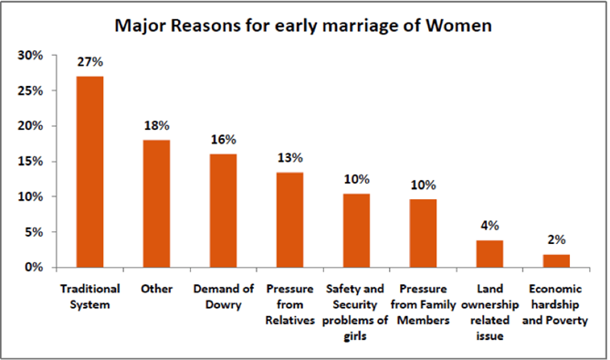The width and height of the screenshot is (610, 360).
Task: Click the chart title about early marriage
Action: (304, 25)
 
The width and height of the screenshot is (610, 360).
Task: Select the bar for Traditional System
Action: (89, 172)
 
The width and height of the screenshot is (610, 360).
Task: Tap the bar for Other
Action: (156, 204)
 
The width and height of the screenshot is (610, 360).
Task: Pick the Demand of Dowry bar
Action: (224, 211)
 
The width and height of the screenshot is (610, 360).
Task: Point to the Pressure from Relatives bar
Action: (290, 220)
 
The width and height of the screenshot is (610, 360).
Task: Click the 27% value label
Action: (90, 63)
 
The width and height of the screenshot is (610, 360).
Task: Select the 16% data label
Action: (224, 140)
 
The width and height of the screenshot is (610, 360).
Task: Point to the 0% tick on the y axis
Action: (34, 268)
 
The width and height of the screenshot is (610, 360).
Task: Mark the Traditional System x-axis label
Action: (90, 295)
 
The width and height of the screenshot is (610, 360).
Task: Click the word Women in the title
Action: (457, 25)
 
